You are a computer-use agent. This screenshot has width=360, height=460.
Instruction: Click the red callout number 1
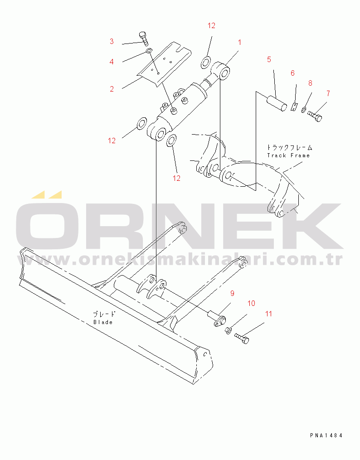[239, 43]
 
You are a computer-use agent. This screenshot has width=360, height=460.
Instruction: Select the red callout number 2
[112, 89]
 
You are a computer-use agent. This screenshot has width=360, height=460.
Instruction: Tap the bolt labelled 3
[143, 39]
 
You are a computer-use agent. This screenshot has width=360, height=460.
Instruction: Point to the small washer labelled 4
[149, 51]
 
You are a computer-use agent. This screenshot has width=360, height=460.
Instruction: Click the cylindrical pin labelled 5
[277, 104]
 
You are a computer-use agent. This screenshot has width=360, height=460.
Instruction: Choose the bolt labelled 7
[315, 115]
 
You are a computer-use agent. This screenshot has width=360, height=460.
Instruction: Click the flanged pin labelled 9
[217, 319]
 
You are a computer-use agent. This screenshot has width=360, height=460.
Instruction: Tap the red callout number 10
[251, 303]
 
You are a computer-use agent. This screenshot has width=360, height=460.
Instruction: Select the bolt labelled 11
[242, 338]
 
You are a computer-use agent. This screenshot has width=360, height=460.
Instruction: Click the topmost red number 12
[211, 26]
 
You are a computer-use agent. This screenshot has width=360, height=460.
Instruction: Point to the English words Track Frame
[288, 155]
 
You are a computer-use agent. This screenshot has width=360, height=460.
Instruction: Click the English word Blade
[103, 322]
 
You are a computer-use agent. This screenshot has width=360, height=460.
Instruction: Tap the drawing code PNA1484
[326, 436]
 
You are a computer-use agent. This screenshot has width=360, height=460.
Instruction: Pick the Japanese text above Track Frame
[290, 148]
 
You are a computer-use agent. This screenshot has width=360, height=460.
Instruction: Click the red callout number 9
[233, 293]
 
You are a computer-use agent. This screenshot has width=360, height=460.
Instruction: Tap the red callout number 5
[269, 59]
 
